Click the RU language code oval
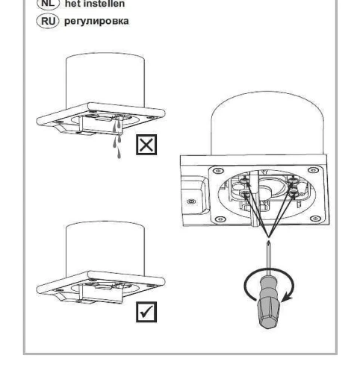[x=48, y=21]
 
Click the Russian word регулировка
[x=96, y=21]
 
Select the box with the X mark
[x=146, y=145]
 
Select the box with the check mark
[x=146, y=312]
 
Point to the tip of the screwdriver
[x=268, y=241]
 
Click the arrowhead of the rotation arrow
[x=286, y=298]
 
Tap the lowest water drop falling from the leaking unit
[x=119, y=154]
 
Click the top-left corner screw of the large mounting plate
[x=218, y=171]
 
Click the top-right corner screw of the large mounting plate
[x=313, y=170]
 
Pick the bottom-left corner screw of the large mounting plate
[x=220, y=219]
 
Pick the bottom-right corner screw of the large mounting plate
[x=315, y=219]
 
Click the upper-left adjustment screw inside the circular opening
[x=245, y=180]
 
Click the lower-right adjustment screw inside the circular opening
[x=294, y=192]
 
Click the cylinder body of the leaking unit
[x=105, y=81]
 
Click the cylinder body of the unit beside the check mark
[x=105, y=248]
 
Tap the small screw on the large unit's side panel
[x=191, y=201]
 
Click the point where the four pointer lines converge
[x=268, y=236]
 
